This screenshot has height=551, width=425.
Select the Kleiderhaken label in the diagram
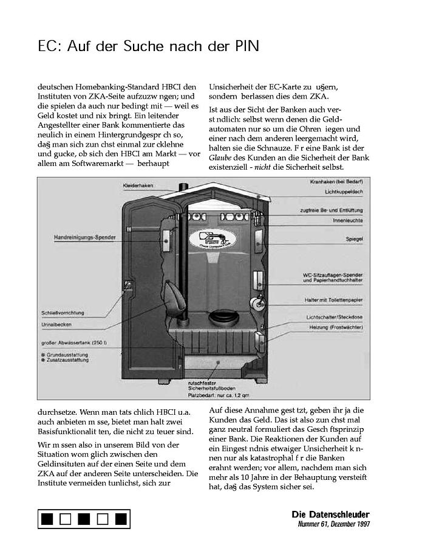(x=137, y=184)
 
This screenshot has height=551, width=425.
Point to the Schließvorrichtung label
(x=63, y=313)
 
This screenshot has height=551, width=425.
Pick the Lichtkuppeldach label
(x=344, y=192)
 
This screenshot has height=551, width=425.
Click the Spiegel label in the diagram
(x=355, y=240)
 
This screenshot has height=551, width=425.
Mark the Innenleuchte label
(x=348, y=220)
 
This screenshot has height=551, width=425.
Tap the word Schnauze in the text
(x=279, y=147)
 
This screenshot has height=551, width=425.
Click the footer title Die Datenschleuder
(x=330, y=515)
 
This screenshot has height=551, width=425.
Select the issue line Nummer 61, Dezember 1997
(x=333, y=524)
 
